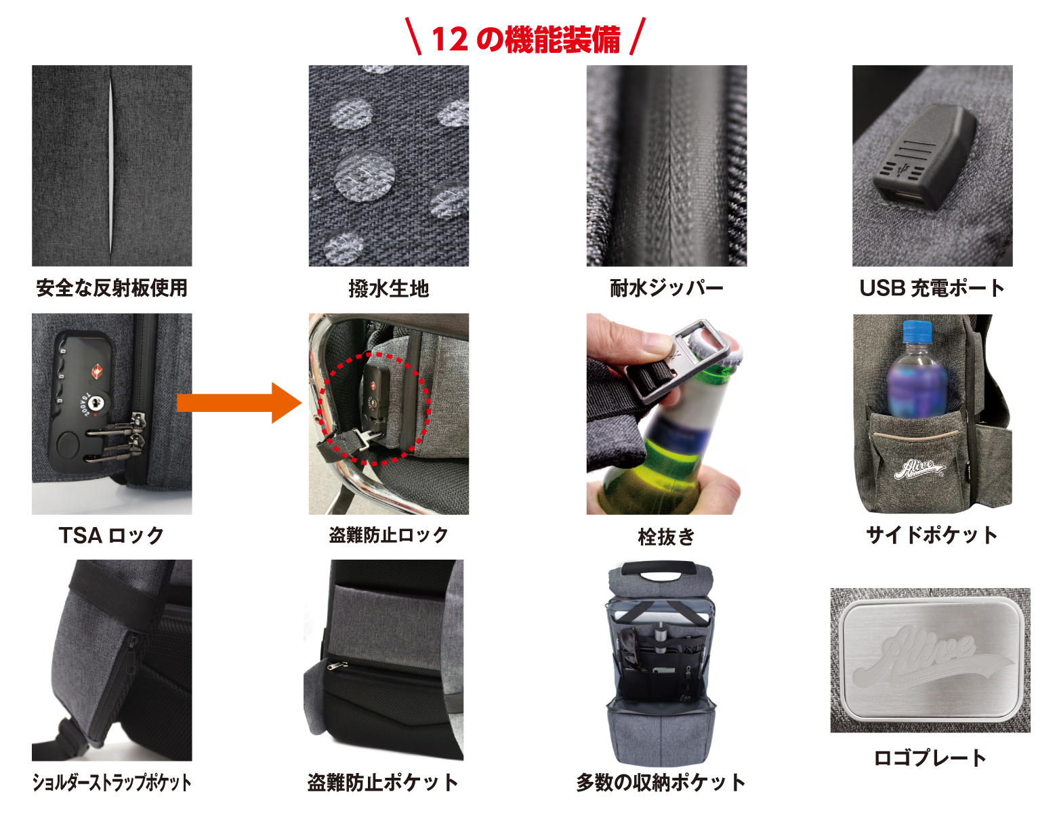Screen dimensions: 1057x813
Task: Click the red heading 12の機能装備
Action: click(526, 39)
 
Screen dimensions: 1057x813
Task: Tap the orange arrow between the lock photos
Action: click(239, 402)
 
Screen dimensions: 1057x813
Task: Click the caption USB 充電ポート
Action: click(932, 288)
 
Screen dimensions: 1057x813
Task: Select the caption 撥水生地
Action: click(389, 289)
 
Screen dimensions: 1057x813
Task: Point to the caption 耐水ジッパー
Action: click(667, 288)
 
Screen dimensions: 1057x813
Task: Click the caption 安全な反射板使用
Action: click(112, 288)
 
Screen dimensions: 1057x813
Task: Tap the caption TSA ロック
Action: click(111, 535)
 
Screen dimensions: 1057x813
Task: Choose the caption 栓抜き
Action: click(666, 537)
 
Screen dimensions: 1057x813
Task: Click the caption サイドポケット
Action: click(932, 535)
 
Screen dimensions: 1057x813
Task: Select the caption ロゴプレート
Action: click(930, 757)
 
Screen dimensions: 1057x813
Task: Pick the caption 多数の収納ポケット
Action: click(661, 783)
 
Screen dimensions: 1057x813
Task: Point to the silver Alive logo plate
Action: click(930, 660)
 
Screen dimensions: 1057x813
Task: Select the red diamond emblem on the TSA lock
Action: click(97, 372)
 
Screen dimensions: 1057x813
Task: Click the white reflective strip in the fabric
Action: click(111, 165)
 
